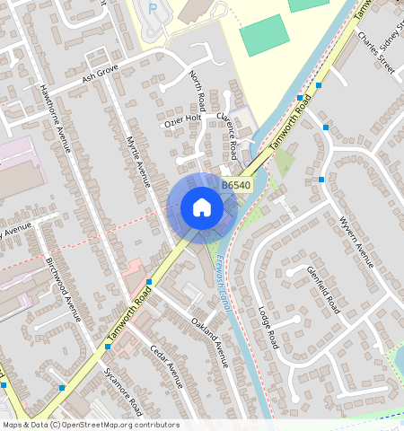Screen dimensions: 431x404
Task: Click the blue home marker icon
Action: click(202, 208)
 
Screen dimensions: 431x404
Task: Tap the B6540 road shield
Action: click(235, 185)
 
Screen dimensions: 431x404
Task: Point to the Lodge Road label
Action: click(267, 328)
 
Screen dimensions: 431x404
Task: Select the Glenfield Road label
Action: click(323, 289)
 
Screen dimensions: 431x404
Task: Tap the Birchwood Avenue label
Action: click(65, 289)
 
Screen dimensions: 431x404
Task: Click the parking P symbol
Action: click(152, 8)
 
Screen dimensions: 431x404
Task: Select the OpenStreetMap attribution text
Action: click(90, 425)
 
